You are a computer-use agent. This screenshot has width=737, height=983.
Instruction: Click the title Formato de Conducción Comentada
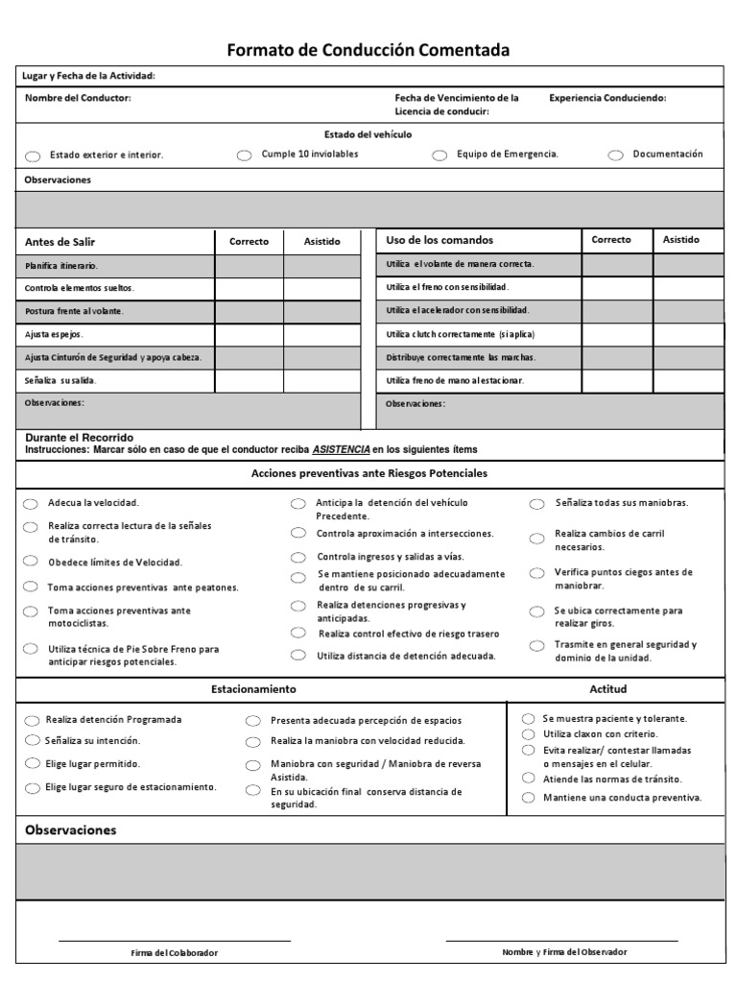pyautogui.click(x=368, y=50)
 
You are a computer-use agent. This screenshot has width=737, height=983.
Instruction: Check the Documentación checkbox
pyautogui.click(x=614, y=155)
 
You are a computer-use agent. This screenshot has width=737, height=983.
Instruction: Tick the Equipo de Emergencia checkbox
pyautogui.click(x=440, y=156)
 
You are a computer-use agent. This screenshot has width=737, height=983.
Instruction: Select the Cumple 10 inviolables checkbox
pyautogui.click(x=244, y=156)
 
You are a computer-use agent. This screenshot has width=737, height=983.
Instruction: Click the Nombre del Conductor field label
pyautogui.click(x=78, y=98)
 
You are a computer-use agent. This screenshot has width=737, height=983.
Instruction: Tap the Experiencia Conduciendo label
pyautogui.click(x=607, y=98)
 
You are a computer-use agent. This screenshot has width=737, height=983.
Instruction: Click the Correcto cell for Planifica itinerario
pyautogui.click(x=249, y=265)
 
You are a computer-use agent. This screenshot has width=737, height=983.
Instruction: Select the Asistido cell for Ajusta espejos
pyautogui.click(x=321, y=335)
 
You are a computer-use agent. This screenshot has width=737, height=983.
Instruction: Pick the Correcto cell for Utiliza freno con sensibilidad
pyautogui.click(x=618, y=287)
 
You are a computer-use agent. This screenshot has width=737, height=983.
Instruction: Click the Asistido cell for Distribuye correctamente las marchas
pyautogui.click(x=689, y=357)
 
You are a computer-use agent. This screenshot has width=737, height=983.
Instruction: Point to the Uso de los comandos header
pyautogui.click(x=426, y=240)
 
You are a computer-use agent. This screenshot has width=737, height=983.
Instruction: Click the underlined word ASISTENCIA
pyautogui.click(x=341, y=449)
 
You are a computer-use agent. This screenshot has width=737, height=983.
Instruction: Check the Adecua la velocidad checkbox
pyautogui.click(x=31, y=504)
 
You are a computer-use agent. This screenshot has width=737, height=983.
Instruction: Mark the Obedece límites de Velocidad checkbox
pyautogui.click(x=31, y=563)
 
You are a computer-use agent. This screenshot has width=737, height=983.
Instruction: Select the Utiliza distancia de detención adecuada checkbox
pyautogui.click(x=299, y=657)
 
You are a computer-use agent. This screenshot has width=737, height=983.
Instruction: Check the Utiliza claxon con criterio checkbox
pyautogui.click(x=528, y=734)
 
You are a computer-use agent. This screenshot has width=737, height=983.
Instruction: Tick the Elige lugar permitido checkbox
pyautogui.click(x=31, y=765)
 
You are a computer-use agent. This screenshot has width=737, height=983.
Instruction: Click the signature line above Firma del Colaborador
pyautogui.click(x=174, y=941)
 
